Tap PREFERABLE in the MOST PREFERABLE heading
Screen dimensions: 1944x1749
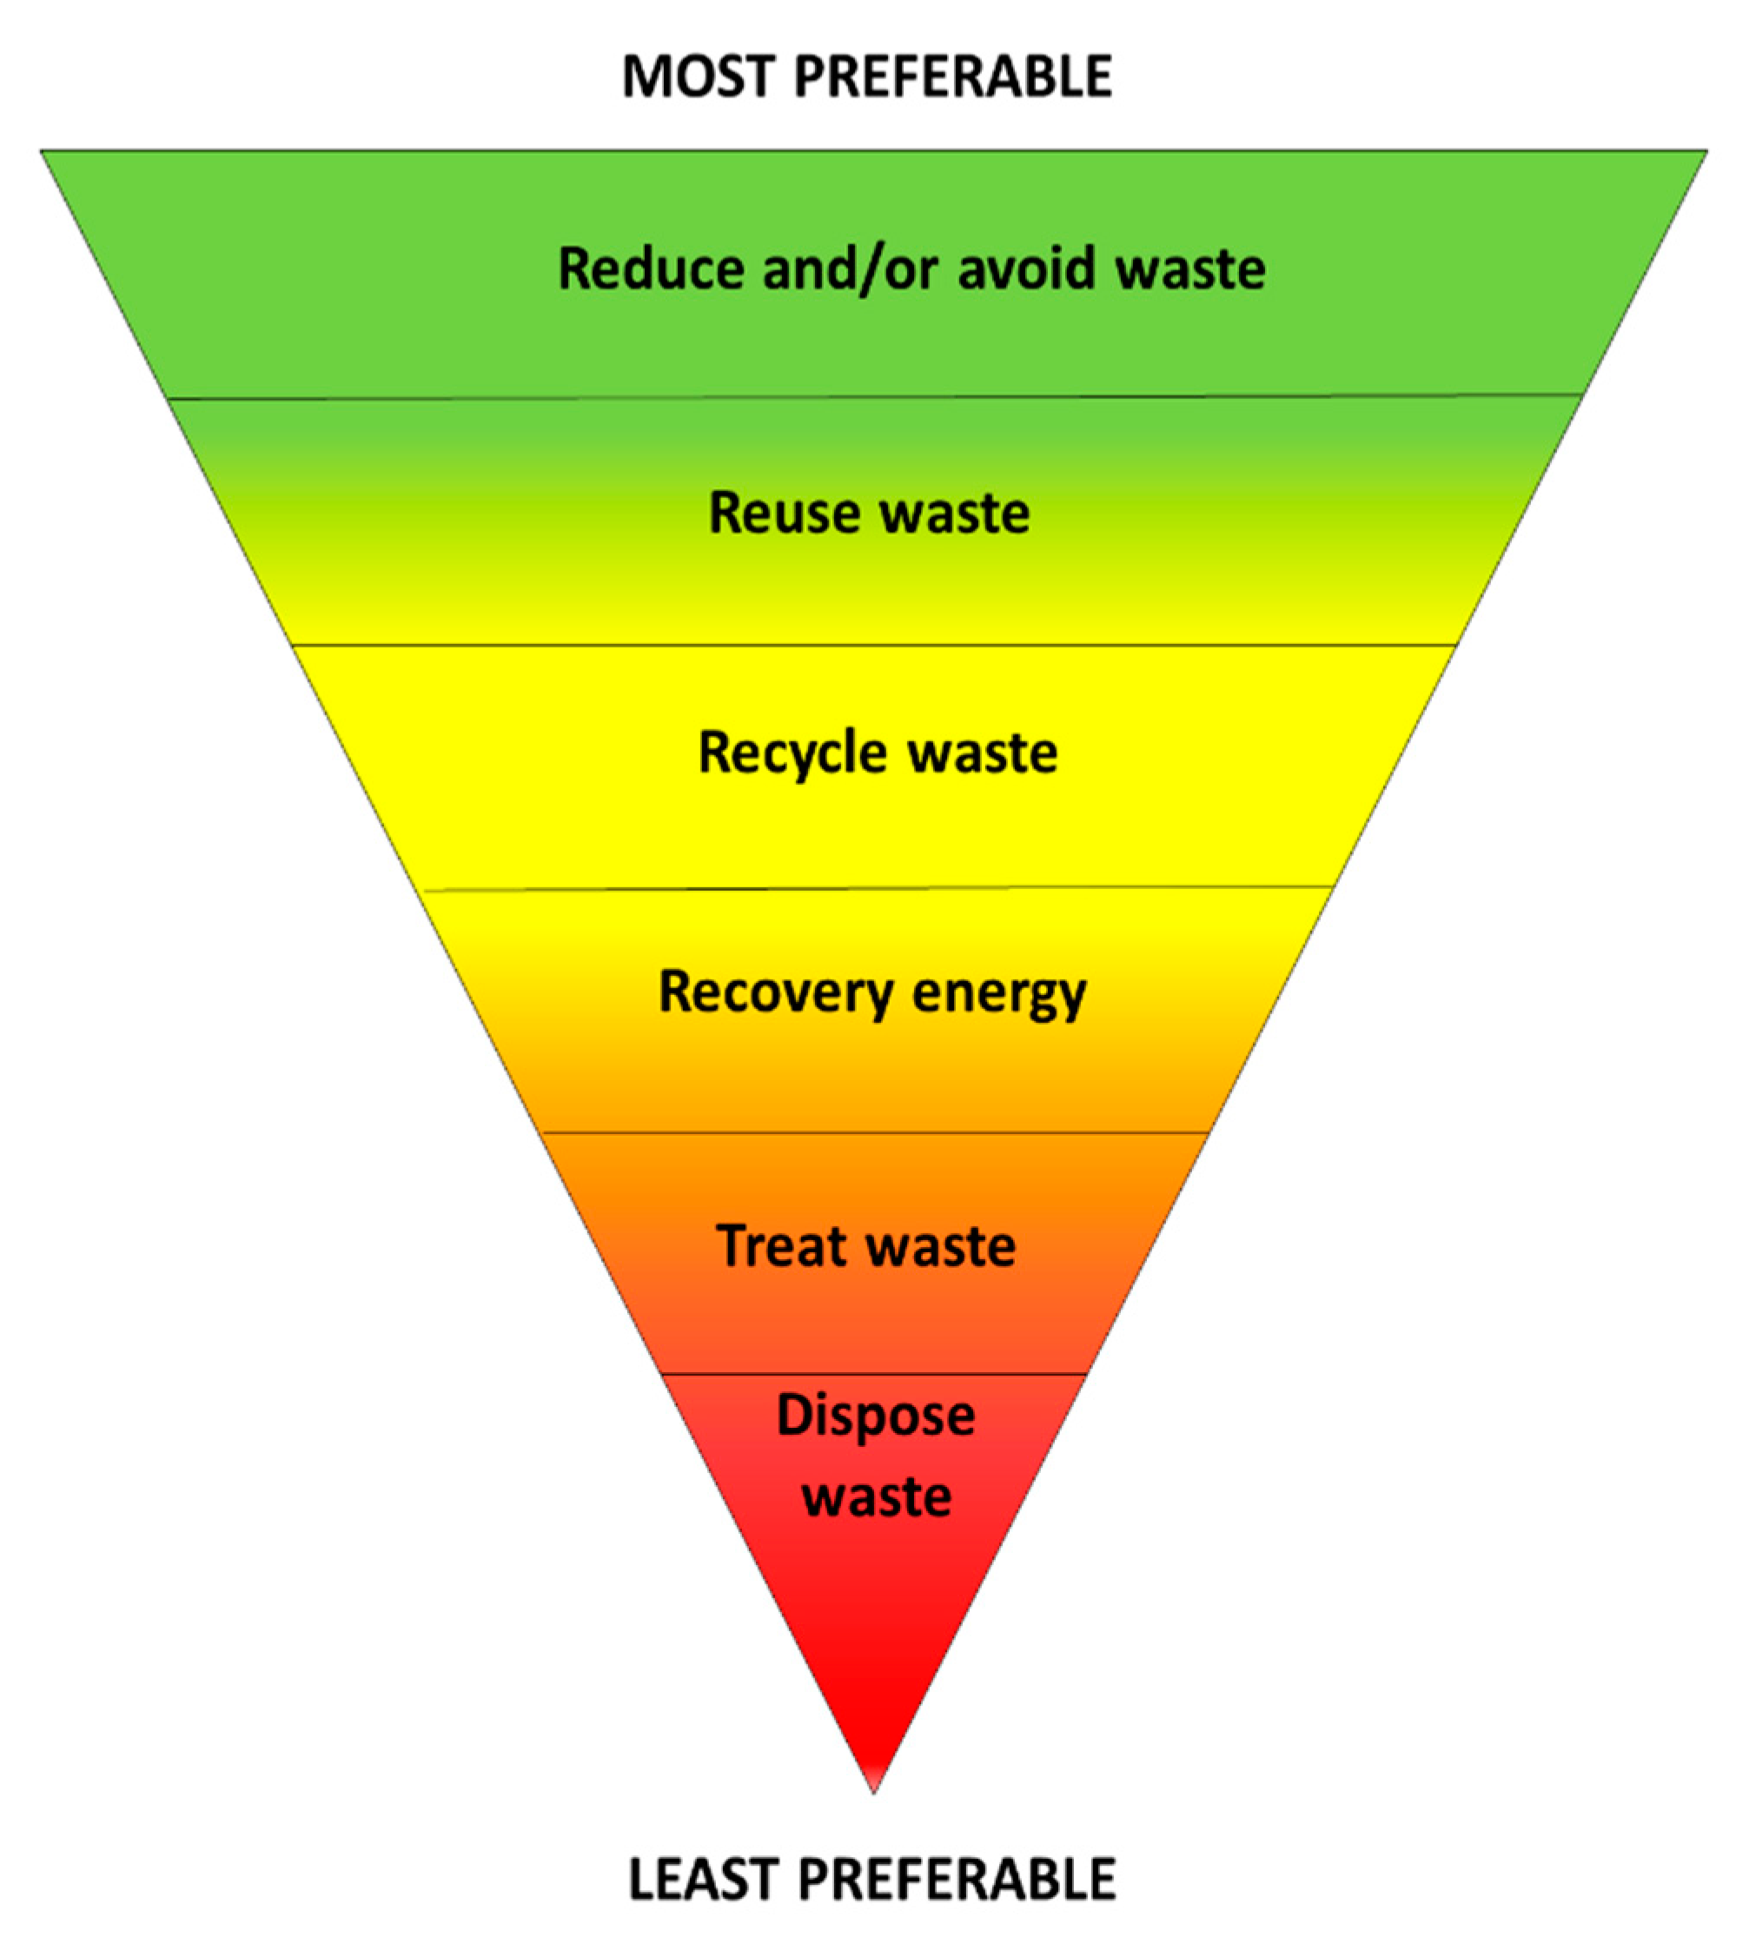coord(953,76)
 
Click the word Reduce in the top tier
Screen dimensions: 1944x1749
coord(651,269)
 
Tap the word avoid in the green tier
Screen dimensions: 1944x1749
coord(1026,269)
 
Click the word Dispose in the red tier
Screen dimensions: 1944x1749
coord(874,1416)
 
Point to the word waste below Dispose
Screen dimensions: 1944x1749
coord(877,1496)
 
